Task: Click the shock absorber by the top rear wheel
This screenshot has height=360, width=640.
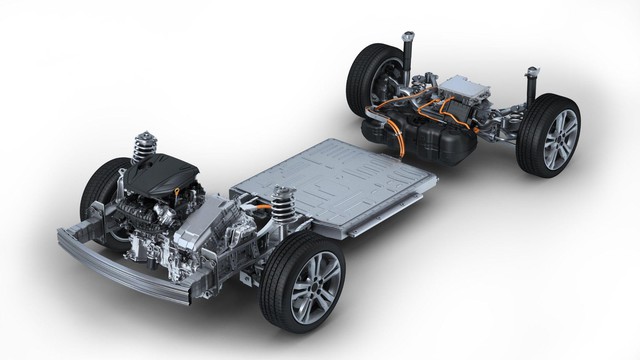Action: coord(407,50)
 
